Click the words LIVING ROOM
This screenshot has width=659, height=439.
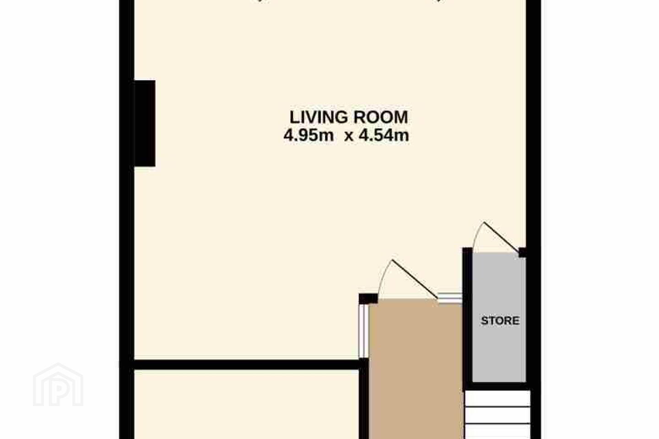pyautogui.click(x=349, y=117)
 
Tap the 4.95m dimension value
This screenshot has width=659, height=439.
pyautogui.click(x=308, y=135)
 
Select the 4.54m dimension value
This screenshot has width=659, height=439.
pyautogui.click(x=384, y=135)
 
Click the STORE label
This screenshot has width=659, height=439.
pyautogui.click(x=500, y=321)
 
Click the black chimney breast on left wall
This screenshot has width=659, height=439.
pyautogui.click(x=145, y=123)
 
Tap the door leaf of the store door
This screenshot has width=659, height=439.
pyautogui.click(x=501, y=237)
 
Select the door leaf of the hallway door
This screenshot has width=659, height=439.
pyautogui.click(x=415, y=279)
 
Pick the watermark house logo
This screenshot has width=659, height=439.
pyautogui.click(x=58, y=385)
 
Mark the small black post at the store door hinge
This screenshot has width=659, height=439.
pyautogui.click(x=522, y=252)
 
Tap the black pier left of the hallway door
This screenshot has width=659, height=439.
pyautogui.click(x=368, y=299)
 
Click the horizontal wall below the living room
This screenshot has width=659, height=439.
pyautogui.click(x=247, y=364)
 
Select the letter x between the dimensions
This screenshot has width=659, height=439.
pyautogui.click(x=349, y=137)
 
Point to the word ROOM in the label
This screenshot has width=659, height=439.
pyautogui.click(x=381, y=117)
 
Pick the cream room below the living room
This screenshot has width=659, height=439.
pyautogui.click(x=247, y=404)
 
